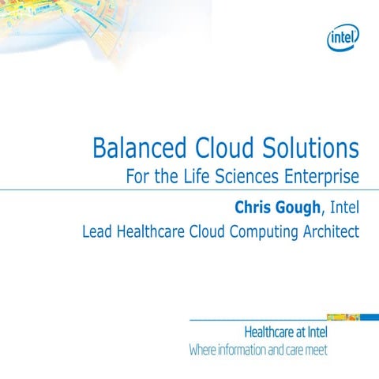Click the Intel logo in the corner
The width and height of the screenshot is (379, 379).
[343, 35]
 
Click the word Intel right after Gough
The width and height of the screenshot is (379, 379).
[345, 207]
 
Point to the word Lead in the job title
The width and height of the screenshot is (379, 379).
[98, 233]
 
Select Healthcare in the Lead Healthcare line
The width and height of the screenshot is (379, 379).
[150, 233]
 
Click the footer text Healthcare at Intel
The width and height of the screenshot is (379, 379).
[287, 332]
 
